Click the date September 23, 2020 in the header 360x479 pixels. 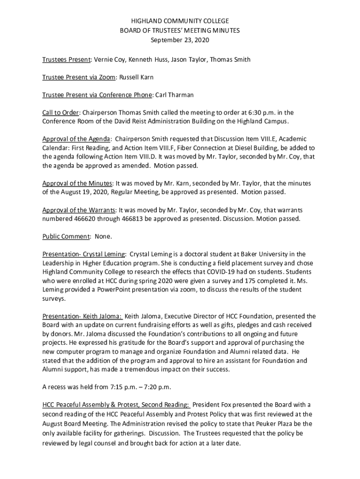180,40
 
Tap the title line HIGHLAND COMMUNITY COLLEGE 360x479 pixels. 180,21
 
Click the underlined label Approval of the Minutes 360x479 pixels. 77,183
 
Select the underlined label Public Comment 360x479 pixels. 65,236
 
